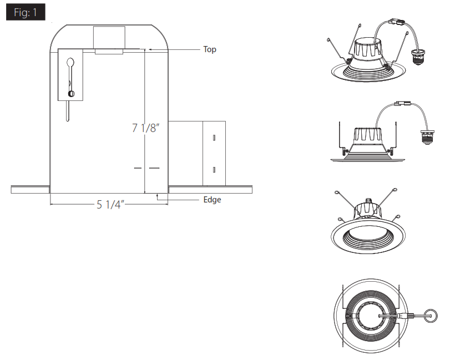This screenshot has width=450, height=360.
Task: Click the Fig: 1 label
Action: [x=26, y=13]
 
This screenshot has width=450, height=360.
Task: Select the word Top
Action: [x=210, y=49]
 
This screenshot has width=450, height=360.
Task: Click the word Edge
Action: [x=212, y=200]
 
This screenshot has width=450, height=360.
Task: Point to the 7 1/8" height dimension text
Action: [x=146, y=128]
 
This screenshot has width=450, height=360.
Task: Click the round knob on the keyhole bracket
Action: [x=70, y=93]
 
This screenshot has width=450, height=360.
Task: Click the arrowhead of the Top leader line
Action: [x=148, y=49]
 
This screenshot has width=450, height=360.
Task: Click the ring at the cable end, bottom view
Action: [x=429, y=316]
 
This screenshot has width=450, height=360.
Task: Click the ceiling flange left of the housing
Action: [x=31, y=190]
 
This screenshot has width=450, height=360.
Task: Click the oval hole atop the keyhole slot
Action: [x=70, y=62]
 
